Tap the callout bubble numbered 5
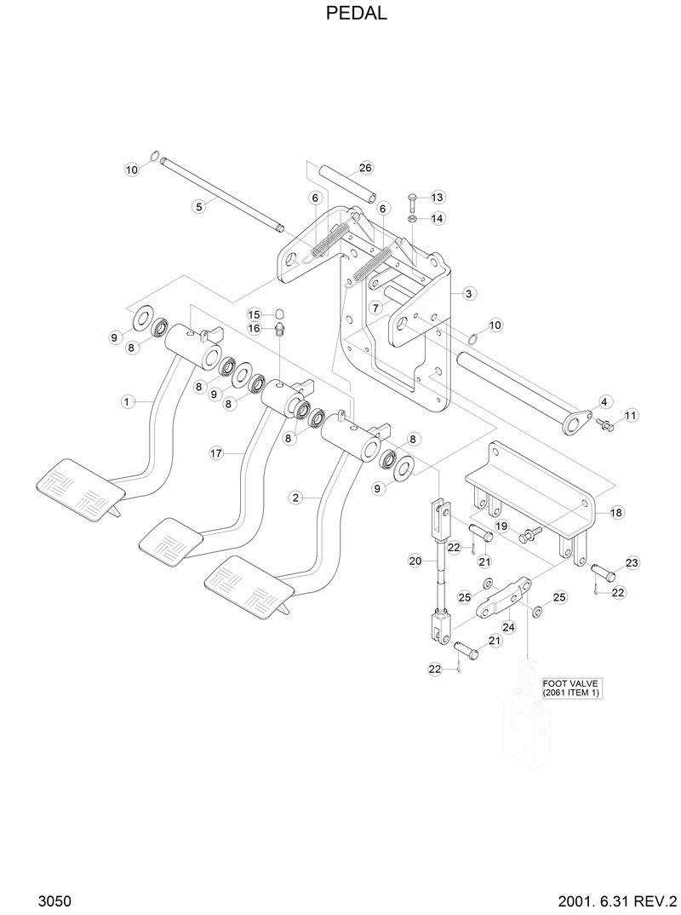pyautogui.click(x=197, y=205)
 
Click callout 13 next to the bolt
pyautogui.click(x=437, y=198)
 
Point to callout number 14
pyautogui.click(x=437, y=219)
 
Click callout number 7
pyautogui.click(x=375, y=306)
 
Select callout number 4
pyautogui.click(x=604, y=400)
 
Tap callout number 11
pyautogui.click(x=630, y=415)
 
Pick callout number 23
pyautogui.click(x=632, y=562)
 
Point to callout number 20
pyautogui.click(x=415, y=561)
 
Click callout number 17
pyautogui.click(x=216, y=454)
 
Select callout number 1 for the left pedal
pyautogui.click(x=126, y=400)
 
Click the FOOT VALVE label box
pyautogui.click(x=572, y=688)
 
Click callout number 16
pyautogui.click(x=255, y=328)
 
